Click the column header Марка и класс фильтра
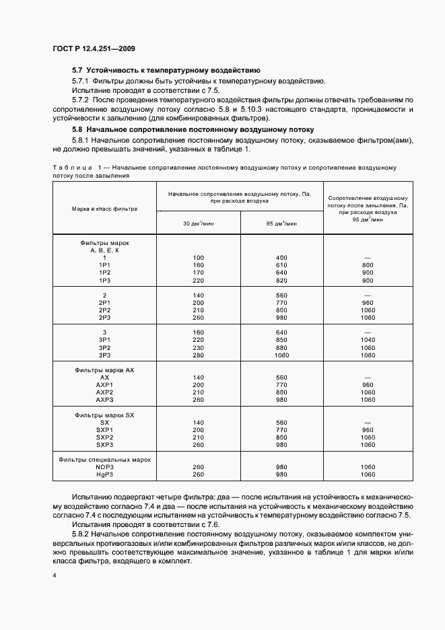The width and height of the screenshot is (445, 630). tap(104, 209)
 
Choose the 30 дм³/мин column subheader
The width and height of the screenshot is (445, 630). tap(198, 223)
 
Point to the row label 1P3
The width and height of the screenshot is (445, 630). tap(104, 280)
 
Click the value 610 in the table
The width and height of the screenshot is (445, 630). tap(281, 265)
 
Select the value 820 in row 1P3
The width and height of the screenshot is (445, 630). tap(281, 280)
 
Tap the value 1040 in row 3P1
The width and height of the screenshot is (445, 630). tap(368, 340)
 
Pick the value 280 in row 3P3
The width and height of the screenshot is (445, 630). tap(198, 355)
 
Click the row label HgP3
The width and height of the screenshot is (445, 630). tap(104, 475)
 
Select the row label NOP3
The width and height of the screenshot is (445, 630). tap(104, 467)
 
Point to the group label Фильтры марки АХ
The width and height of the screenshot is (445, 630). tap(104, 370)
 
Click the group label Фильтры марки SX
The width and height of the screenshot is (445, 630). tap(104, 415)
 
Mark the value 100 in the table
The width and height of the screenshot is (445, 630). tap(198, 258)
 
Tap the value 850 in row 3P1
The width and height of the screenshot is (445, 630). tap(281, 340)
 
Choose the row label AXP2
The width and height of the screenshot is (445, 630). tap(104, 392)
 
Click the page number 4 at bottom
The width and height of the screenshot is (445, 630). tap(55, 576)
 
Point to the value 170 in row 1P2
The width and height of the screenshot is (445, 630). tap(198, 273)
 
